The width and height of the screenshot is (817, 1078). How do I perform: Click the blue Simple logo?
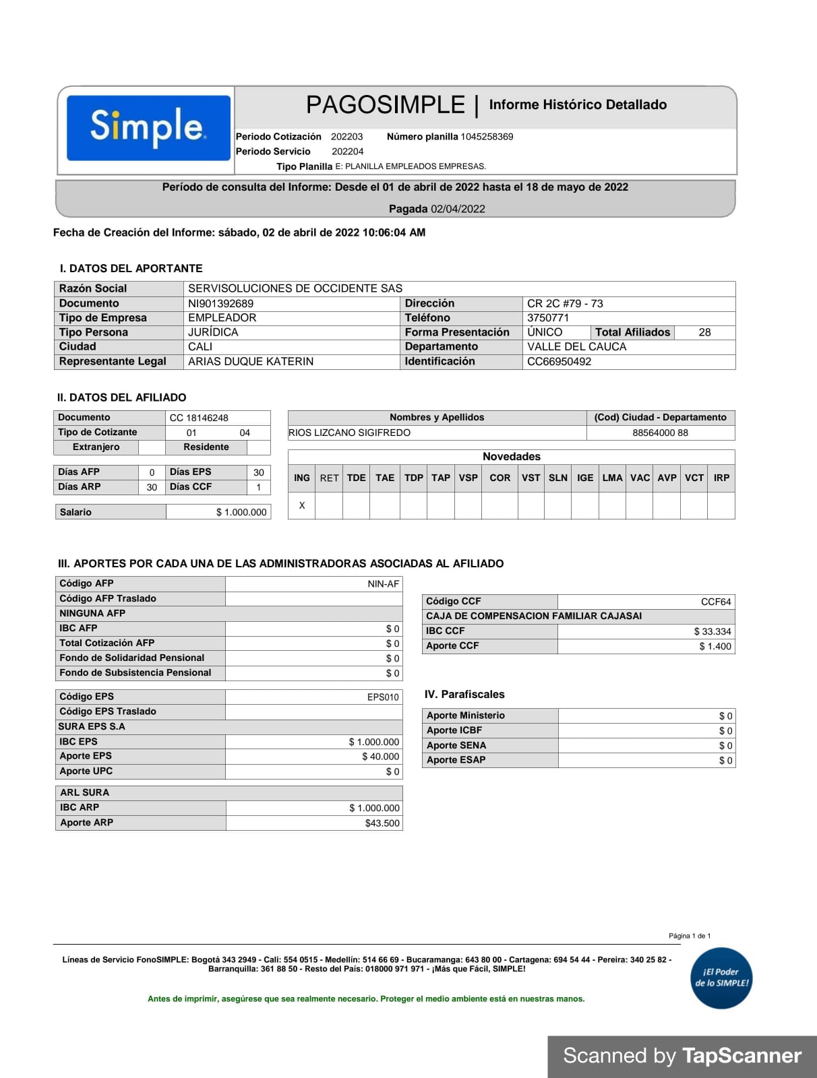tap(148, 127)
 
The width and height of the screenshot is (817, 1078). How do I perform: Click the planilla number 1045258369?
tap(487, 137)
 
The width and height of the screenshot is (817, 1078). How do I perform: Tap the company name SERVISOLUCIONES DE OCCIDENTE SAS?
tap(295, 288)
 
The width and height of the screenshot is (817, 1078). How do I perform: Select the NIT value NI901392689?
tap(220, 303)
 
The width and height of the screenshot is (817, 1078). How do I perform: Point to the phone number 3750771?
tap(547, 318)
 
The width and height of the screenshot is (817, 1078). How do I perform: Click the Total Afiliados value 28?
tap(704, 332)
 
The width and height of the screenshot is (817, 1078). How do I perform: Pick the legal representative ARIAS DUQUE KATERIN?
tap(250, 361)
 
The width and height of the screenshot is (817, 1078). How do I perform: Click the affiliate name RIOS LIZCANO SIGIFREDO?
tap(349, 433)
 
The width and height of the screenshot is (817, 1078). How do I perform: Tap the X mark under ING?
tap(302, 505)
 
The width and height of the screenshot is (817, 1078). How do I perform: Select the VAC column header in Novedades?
tap(640, 478)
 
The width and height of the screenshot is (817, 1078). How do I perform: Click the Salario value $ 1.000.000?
tap(241, 512)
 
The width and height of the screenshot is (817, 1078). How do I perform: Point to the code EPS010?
tap(383, 697)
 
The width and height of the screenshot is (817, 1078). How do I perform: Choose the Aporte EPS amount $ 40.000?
tap(380, 757)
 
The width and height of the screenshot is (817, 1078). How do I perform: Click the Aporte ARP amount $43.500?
tap(382, 823)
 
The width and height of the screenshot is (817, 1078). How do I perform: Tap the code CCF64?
tap(716, 602)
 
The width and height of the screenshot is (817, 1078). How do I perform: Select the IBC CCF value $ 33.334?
tap(713, 631)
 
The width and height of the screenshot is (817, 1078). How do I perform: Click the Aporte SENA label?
tap(456, 745)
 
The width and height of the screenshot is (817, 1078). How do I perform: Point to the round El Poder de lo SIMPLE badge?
tap(721, 978)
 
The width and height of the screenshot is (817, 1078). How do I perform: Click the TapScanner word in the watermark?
tap(742, 1056)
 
